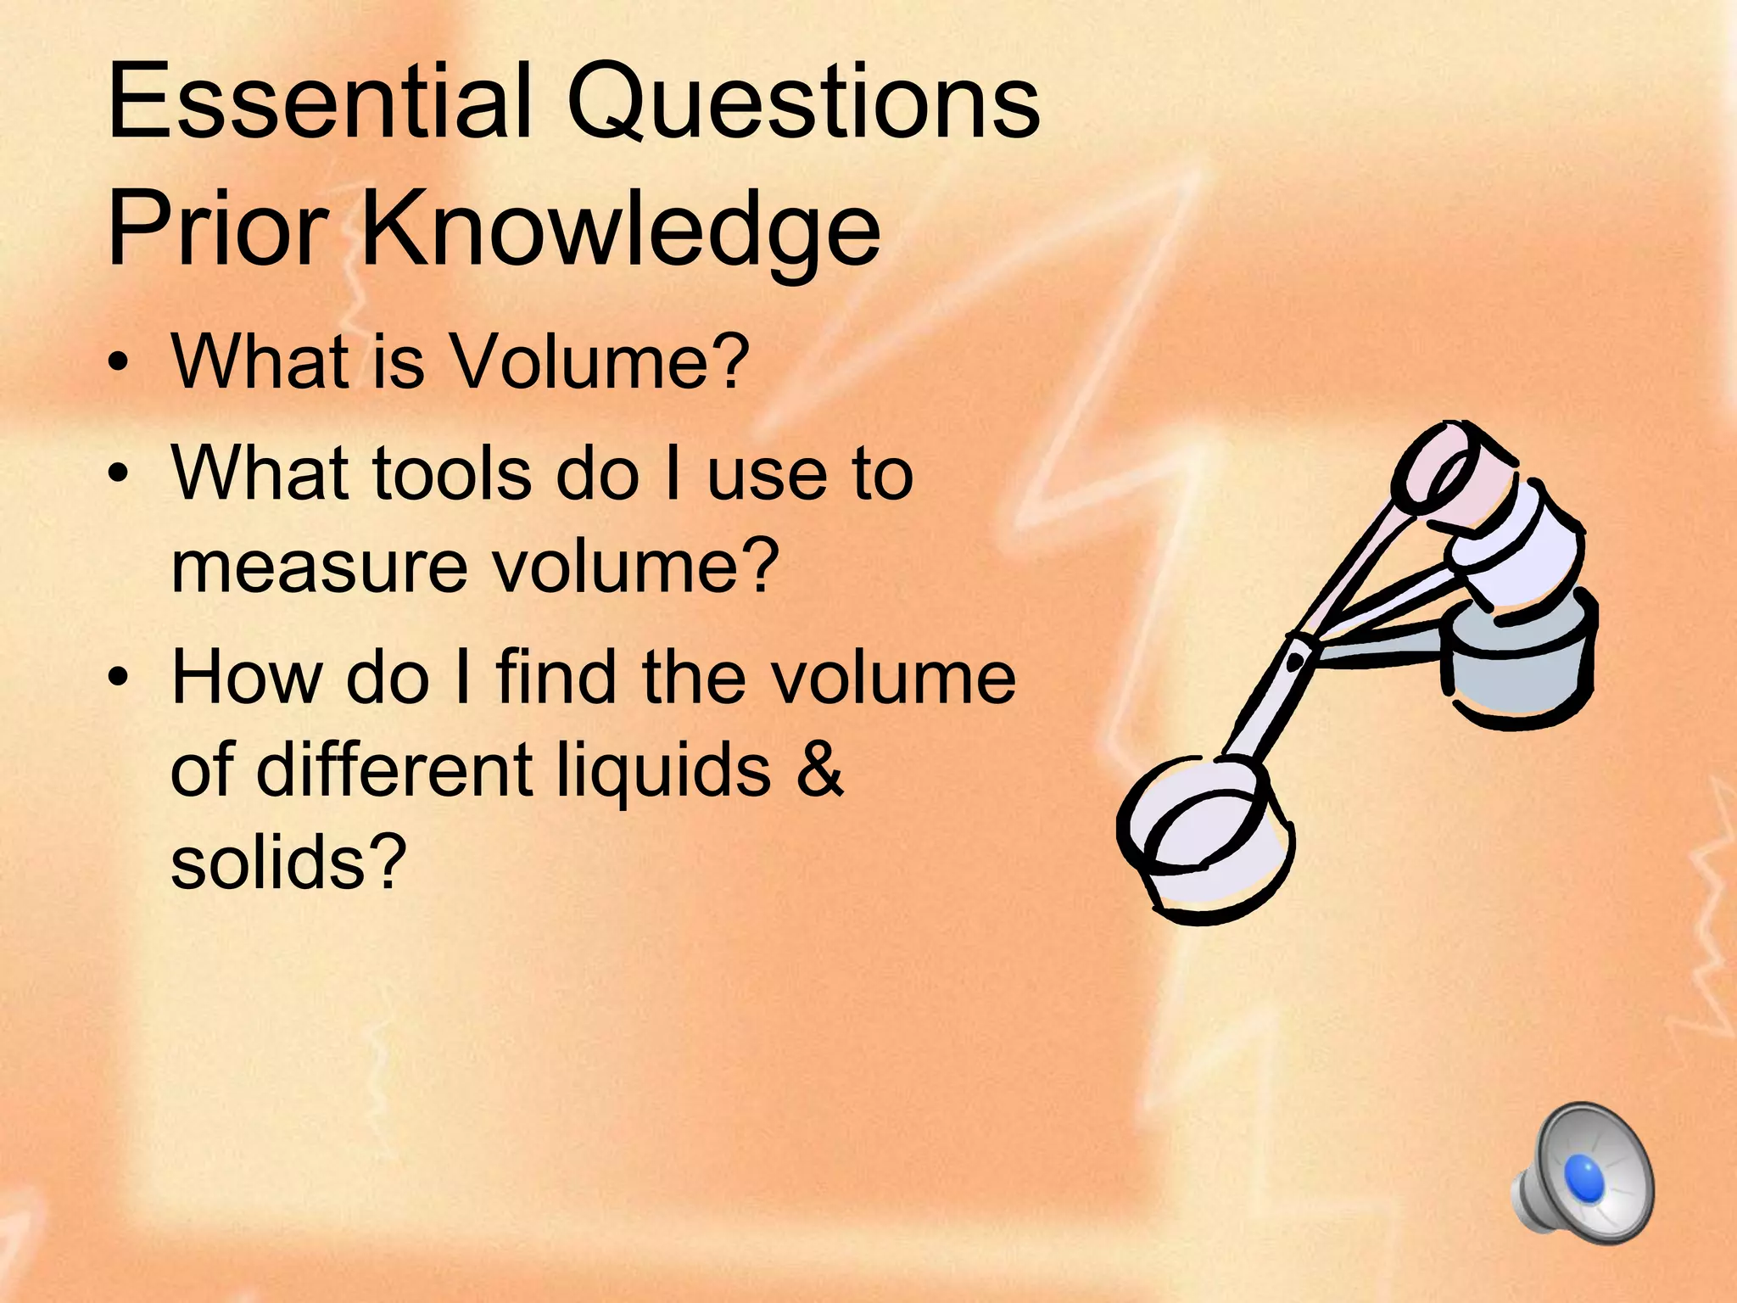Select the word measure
[319, 566]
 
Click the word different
[394, 769]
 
